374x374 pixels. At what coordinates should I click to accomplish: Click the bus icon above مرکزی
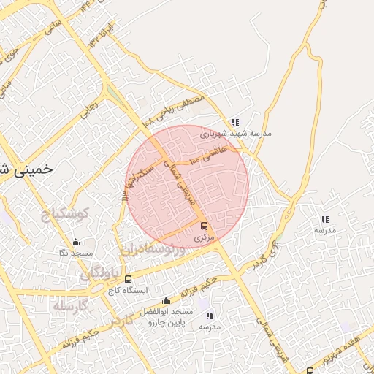tap(203, 226)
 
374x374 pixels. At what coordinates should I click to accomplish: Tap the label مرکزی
tap(206, 238)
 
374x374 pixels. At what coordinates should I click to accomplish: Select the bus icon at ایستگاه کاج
tap(129, 279)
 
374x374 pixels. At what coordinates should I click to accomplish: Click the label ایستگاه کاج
tap(128, 291)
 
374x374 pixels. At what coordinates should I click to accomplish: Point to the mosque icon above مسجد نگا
tap(75, 243)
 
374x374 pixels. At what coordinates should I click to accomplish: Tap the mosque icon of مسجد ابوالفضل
tap(167, 301)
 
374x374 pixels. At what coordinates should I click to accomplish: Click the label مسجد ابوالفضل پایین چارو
tap(167, 316)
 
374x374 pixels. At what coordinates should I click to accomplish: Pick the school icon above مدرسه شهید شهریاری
tap(234, 123)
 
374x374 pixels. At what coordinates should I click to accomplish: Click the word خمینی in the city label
tap(33, 168)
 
